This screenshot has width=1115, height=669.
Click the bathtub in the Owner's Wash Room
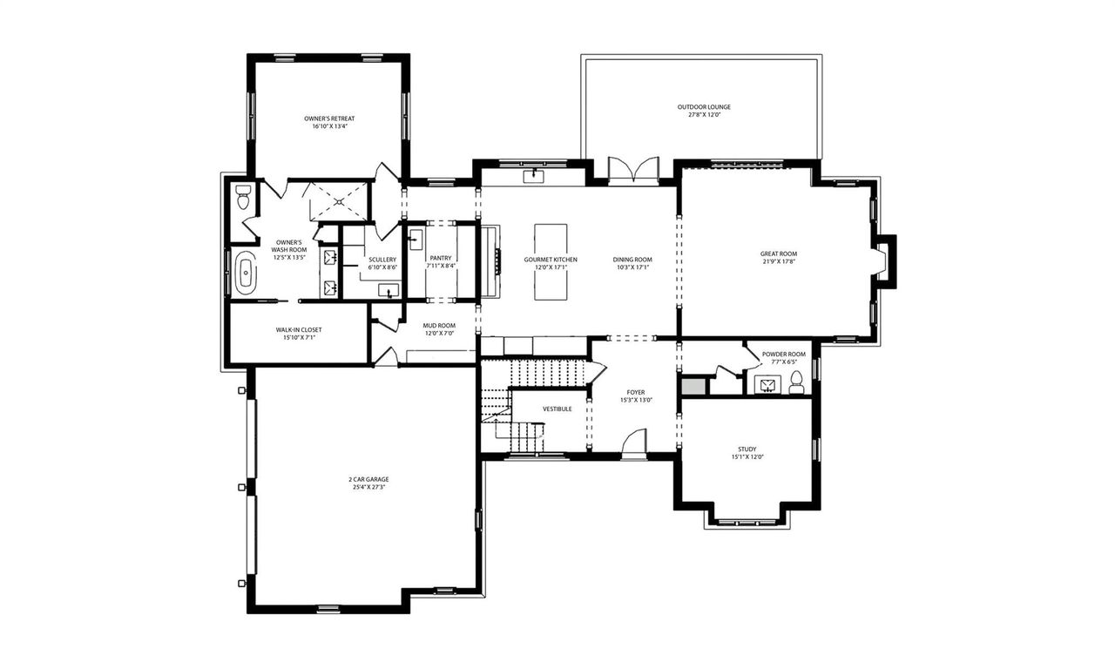[247, 273]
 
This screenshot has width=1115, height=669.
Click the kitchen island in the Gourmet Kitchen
[551, 261]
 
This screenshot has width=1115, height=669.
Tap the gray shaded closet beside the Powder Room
[694, 385]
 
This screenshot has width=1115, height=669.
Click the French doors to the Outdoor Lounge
[633, 172]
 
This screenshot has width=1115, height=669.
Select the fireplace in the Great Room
[882, 261]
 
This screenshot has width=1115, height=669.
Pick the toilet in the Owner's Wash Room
[243, 199]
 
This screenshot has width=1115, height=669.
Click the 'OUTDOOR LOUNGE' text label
[704, 107]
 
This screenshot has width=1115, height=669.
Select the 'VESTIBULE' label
[557, 409]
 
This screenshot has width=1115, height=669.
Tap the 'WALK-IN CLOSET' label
[299, 329]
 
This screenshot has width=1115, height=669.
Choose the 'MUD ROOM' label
[439, 326]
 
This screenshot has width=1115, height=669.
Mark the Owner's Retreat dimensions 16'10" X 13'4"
[328, 127]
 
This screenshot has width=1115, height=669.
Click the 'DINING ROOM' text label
[632, 260]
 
